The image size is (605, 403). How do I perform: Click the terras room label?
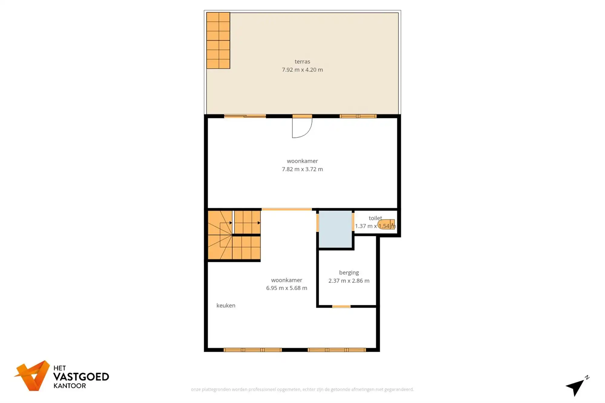(x=302, y=61)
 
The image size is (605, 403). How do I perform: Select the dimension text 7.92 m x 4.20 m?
(x=302, y=70)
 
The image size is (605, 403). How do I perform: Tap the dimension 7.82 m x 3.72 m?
(x=302, y=169)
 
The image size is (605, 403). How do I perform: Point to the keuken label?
(x=226, y=306)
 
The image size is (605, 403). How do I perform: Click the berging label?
(x=349, y=273)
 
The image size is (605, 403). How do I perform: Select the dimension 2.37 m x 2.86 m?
(x=349, y=281)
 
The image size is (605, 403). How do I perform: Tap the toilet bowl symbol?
(x=386, y=224)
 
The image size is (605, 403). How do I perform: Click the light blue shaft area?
(x=335, y=229)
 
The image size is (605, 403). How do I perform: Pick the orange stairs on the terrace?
(x=218, y=41)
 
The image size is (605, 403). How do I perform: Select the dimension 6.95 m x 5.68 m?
(x=286, y=288)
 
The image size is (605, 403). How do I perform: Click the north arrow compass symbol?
(x=576, y=386)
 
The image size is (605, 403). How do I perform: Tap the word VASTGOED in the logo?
(x=81, y=377)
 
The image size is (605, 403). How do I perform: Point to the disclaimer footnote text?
(x=302, y=389)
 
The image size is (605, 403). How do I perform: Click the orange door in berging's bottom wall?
(x=341, y=307)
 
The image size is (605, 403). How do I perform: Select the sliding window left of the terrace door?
(x=245, y=116)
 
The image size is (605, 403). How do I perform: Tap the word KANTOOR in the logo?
(x=70, y=386)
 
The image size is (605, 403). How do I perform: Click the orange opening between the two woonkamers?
(x=286, y=209)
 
